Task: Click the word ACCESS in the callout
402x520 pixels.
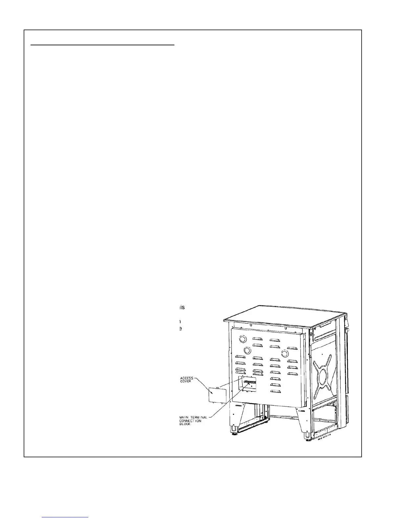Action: click(x=187, y=378)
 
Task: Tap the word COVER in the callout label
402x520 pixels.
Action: click(x=186, y=381)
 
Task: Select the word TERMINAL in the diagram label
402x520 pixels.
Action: click(x=198, y=418)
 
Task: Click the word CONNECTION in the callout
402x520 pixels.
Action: click(x=190, y=421)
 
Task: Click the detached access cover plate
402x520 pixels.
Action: click(x=217, y=395)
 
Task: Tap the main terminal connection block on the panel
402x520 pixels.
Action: click(x=249, y=383)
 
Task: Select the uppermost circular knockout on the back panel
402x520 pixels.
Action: click(x=242, y=339)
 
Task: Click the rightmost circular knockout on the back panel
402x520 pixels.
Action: click(x=284, y=353)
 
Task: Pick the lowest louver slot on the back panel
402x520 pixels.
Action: click(x=275, y=391)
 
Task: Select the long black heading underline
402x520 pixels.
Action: click(x=102, y=45)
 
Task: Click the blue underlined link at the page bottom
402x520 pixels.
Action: click(x=65, y=517)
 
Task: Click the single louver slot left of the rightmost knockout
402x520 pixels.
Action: click(x=275, y=353)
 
